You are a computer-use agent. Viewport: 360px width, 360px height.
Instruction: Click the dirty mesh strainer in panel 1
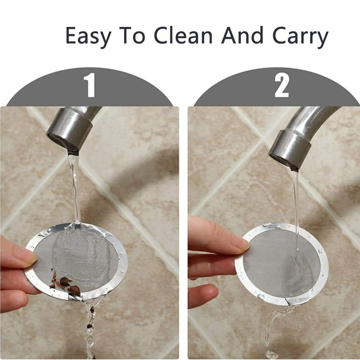coord(79,261)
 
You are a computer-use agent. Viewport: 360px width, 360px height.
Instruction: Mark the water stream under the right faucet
coord(296,202)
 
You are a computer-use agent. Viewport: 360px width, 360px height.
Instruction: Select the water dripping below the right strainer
coord(270,328)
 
